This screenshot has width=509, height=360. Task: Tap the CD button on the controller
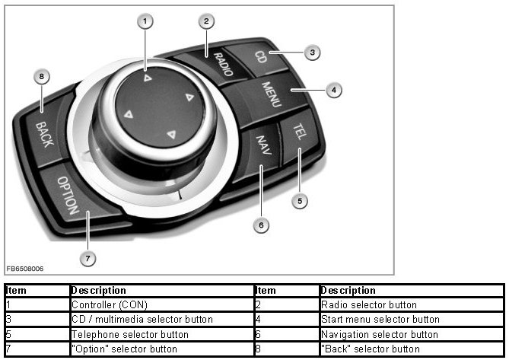[261, 57]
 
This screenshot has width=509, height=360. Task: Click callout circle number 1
[145, 21]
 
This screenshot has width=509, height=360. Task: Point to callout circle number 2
[205, 21]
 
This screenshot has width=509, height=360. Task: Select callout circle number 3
[311, 52]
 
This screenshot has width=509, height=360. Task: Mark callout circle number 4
[332, 90]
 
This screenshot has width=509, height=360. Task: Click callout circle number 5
[300, 201]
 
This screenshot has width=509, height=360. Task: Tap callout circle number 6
[261, 225]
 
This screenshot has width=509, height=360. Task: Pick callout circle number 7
[87, 259]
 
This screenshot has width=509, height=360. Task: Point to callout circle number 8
[43, 76]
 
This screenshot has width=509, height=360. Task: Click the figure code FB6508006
[25, 269]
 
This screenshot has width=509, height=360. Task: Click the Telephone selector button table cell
[129, 334]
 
